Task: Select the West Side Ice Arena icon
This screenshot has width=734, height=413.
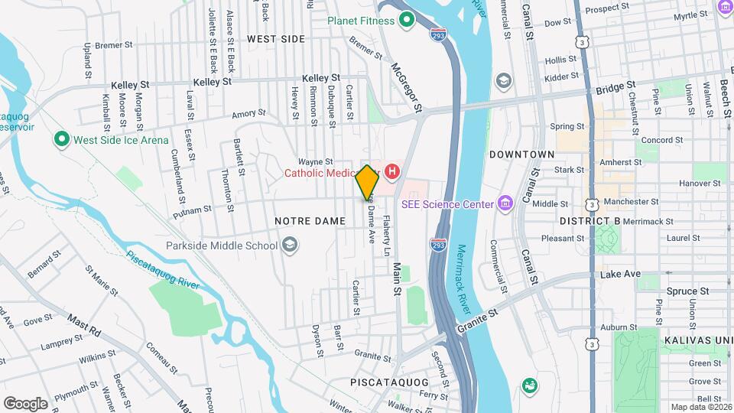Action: [x=60, y=140]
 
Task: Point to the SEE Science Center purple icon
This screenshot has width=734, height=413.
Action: [x=504, y=203]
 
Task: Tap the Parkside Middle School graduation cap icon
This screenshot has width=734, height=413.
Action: [x=289, y=246]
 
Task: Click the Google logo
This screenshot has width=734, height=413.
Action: [x=25, y=403]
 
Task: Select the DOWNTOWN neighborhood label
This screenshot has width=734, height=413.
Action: [x=521, y=154]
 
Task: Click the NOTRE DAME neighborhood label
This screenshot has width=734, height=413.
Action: [x=305, y=220]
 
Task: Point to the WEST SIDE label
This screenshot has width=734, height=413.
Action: [x=275, y=38]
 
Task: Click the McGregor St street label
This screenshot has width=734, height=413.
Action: [x=407, y=89]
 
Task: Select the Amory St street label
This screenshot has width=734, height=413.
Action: [x=248, y=113]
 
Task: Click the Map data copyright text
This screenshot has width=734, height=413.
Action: [x=701, y=407]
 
